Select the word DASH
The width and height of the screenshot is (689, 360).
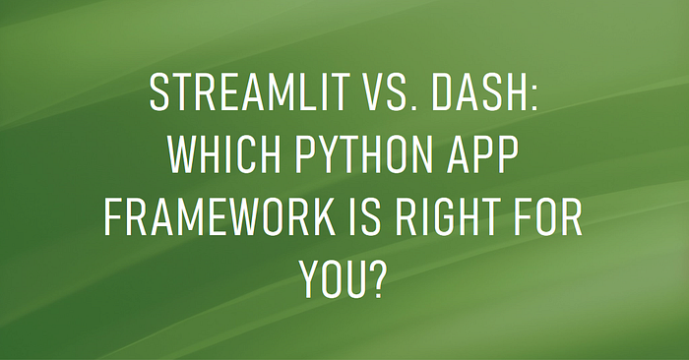480,92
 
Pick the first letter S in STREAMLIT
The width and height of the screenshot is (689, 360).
159,92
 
